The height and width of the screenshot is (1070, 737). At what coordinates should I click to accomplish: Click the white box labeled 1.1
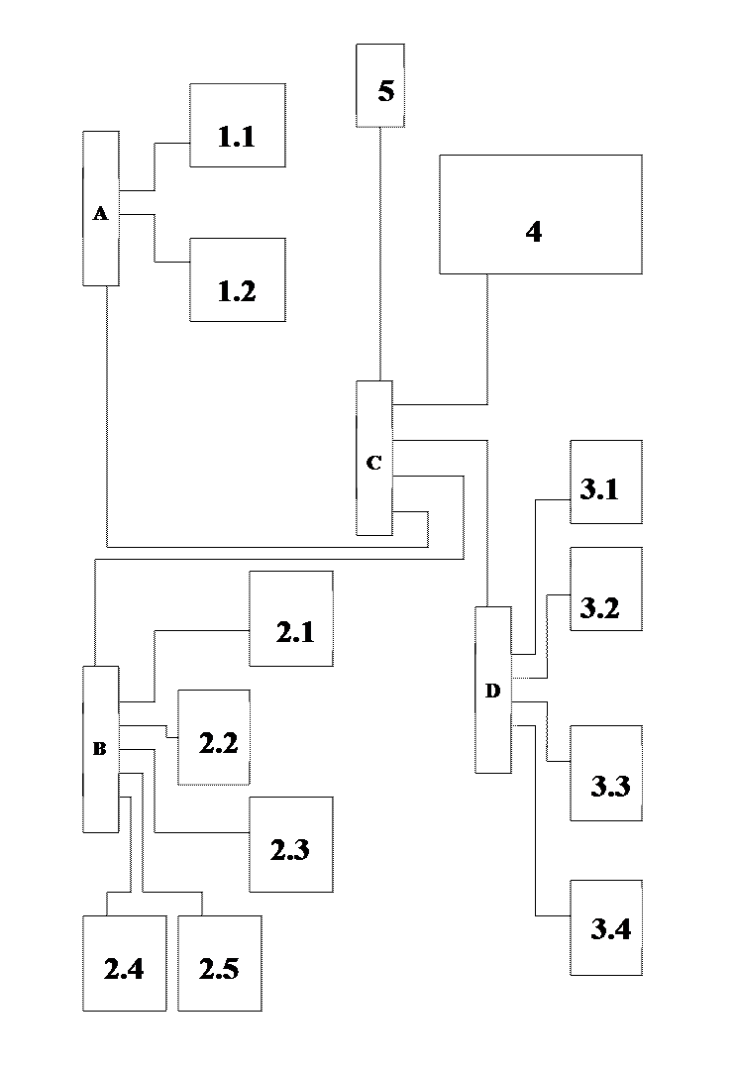coord(237,125)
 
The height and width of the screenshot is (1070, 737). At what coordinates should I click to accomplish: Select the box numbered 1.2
coord(237,279)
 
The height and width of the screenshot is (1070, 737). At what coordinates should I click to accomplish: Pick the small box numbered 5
coord(379,85)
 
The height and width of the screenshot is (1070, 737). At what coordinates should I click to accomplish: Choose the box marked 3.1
coord(605,481)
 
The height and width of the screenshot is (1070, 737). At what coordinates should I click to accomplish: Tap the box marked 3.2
coord(605,588)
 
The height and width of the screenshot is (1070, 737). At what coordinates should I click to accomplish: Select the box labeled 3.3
coord(605,773)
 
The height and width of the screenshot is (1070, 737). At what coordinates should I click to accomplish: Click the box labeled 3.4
coord(605,927)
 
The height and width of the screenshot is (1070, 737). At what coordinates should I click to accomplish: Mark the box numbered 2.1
coord(290,618)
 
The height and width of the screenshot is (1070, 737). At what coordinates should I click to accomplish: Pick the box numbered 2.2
coord(213,737)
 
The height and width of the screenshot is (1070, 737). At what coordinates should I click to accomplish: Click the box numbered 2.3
coord(290,844)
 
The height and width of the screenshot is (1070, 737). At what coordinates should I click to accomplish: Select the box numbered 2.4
coord(124,963)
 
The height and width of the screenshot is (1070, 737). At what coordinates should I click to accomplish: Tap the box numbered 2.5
coord(219,963)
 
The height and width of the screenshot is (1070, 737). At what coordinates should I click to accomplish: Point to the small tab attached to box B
coord(76,743)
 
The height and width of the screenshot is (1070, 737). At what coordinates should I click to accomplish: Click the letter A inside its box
coord(100,213)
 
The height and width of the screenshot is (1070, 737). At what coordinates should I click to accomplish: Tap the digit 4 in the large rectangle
coord(534,232)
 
